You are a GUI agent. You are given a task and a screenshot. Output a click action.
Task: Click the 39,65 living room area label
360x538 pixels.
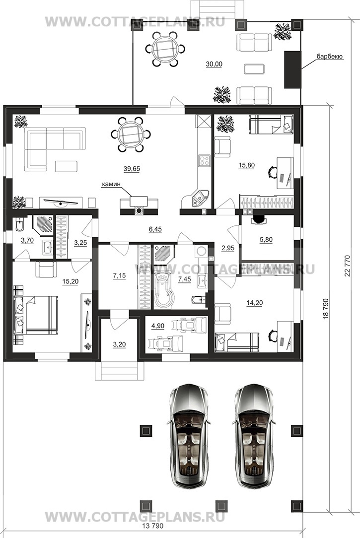pyautogui.click(x=132, y=168)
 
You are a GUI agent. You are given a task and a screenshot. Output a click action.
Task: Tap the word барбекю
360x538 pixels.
pyautogui.click(x=329, y=57)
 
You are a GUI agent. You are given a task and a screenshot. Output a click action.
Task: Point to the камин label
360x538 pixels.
pyautogui.click(x=111, y=184)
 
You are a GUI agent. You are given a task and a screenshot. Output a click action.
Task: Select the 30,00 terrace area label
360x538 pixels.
pyautogui.click(x=214, y=64)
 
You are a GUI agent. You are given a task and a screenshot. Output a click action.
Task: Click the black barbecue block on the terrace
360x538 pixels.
pyautogui.click(x=292, y=69)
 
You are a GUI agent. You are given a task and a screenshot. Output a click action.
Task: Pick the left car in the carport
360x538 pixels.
pyautogui.click(x=189, y=436)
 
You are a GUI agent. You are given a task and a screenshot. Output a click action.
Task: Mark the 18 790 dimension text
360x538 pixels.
pyautogui.click(x=326, y=309)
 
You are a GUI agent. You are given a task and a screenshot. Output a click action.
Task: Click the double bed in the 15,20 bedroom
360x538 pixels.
pyautogui.click(x=35, y=315)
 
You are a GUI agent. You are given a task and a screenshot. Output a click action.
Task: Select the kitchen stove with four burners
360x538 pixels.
pyautogui.click(x=205, y=161)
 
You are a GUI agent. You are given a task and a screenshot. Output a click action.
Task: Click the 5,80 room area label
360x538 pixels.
pyautogui.click(x=266, y=240)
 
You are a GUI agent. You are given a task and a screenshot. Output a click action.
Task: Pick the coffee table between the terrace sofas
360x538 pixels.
pyautogui.click(x=254, y=69)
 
